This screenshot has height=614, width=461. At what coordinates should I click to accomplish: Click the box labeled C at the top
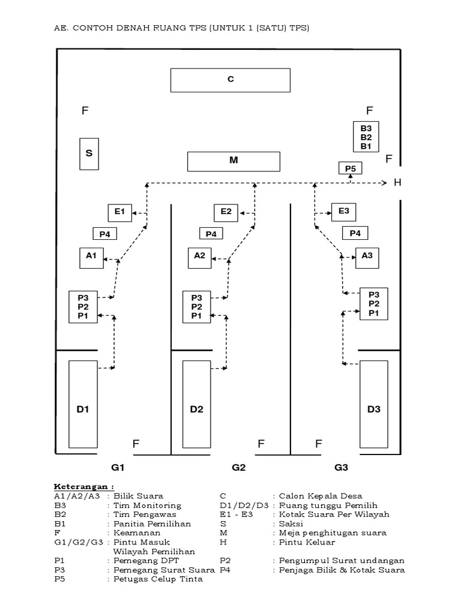click(x=230, y=80)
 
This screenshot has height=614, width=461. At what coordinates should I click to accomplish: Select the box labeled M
click(x=234, y=161)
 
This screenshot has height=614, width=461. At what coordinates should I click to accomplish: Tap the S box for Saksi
click(x=89, y=153)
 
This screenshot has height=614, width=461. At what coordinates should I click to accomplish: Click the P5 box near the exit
click(x=351, y=168)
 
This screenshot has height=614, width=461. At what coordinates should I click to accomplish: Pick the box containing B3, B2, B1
click(x=366, y=137)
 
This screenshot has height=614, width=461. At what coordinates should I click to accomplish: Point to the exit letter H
click(x=397, y=183)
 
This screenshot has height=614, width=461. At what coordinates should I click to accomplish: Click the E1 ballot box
click(x=119, y=212)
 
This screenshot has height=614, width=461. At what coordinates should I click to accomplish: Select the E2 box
click(x=226, y=212)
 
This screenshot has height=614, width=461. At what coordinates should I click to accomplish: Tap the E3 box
click(x=344, y=212)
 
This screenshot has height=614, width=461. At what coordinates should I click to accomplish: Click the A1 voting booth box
click(x=91, y=257)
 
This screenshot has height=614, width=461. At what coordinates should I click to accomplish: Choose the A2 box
click(x=199, y=257)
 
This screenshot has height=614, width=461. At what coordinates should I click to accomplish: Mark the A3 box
click(x=367, y=257)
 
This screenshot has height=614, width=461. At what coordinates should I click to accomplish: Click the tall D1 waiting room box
click(x=83, y=410)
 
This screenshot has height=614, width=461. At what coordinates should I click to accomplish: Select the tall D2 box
click(x=196, y=410)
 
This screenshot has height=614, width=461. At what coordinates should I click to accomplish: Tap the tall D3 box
click(x=373, y=410)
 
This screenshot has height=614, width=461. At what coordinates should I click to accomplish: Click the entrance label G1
click(x=117, y=468)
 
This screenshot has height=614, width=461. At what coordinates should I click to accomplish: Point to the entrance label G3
click(x=342, y=468)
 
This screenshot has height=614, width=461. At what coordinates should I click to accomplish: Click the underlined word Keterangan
click(x=83, y=486)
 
